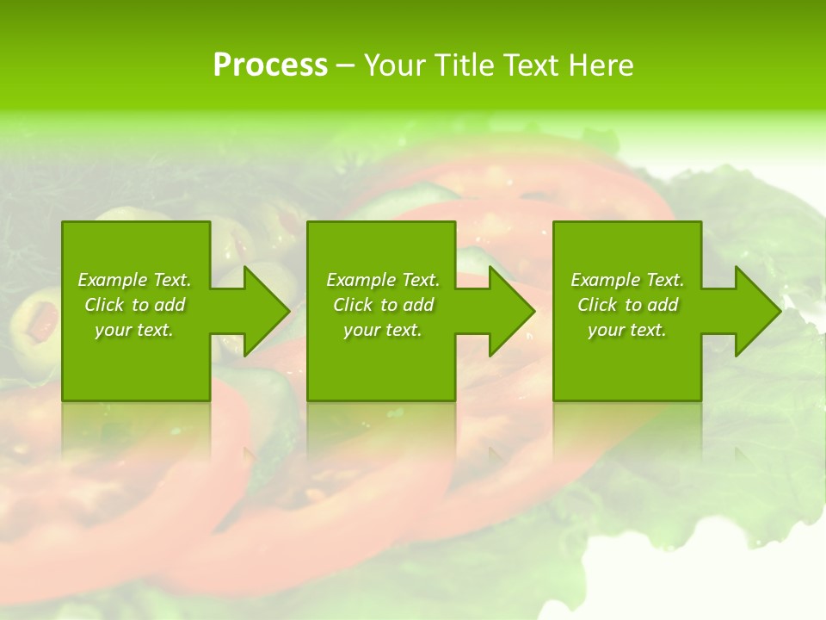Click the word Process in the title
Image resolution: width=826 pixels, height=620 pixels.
click(270, 65)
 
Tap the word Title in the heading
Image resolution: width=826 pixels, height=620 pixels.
click(460, 65)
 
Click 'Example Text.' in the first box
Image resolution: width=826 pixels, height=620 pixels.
click(134, 280)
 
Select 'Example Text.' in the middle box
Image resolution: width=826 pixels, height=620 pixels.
click(383, 280)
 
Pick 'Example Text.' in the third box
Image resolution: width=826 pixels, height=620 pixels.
click(627, 280)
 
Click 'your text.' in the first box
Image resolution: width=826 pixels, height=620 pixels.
click(134, 330)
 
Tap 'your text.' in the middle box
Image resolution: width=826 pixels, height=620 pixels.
click(383, 330)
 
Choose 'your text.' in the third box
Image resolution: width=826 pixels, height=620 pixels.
click(627, 330)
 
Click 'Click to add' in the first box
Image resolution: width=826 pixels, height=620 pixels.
click(134, 305)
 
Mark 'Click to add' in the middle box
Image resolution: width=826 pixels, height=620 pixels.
click(383, 305)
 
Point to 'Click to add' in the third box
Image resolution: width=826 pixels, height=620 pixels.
click(627, 305)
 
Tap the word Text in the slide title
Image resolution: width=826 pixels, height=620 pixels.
click(526, 65)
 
